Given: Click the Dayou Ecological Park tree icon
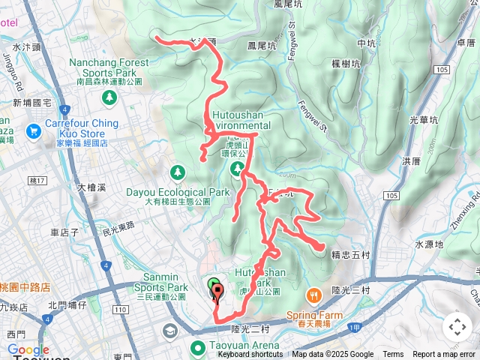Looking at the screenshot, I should pos(178,173).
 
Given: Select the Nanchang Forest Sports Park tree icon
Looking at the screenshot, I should pos(110,97).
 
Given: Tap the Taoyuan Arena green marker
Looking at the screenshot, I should pos(198,347).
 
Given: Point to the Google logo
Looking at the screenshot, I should pos(28,349).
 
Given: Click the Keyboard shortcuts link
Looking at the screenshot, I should pos(250,355).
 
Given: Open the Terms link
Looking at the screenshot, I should pos(393,355).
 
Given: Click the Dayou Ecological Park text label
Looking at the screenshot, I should pos(177,192).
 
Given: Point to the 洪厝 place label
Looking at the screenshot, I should pos(411,161).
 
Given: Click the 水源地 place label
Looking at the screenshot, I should pos(429,244).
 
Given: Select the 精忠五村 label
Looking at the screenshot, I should pos(350,255).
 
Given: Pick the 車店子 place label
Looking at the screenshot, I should pos(64,232).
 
